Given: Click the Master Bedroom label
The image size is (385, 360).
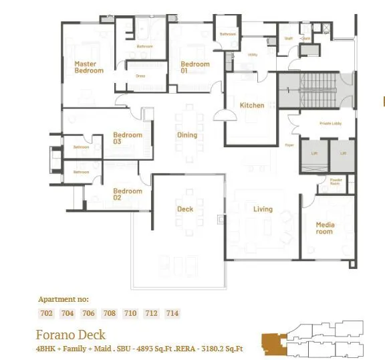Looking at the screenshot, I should tap(88, 67).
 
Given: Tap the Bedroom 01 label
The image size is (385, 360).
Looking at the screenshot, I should tap(195, 67).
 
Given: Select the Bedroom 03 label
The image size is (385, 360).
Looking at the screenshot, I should tap(127, 138).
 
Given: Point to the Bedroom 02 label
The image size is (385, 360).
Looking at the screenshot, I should tap(127, 194).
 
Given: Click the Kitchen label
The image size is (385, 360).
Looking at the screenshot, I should tap(252, 105).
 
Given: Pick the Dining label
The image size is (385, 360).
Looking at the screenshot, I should tap(187, 135).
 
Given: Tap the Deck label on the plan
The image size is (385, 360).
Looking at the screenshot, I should tap(185, 209).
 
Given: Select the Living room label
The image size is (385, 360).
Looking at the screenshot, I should tap(263, 209).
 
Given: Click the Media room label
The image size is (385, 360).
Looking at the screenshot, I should tap(325, 228).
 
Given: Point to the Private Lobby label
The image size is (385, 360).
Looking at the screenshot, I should tap(330, 123).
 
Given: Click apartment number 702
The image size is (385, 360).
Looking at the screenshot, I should tap(47, 313).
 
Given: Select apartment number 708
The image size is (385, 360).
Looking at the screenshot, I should tap(110, 313).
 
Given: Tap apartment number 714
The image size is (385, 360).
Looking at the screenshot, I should tap(172, 313).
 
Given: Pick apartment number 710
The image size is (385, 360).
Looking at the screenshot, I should tap(130, 313).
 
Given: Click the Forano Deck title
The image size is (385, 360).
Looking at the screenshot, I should tap(70, 334).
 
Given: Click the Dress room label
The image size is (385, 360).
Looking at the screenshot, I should tap(140, 76).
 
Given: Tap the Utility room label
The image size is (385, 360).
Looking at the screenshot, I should tap(253, 55).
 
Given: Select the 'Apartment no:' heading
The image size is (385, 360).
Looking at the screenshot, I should tap(63, 299).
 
